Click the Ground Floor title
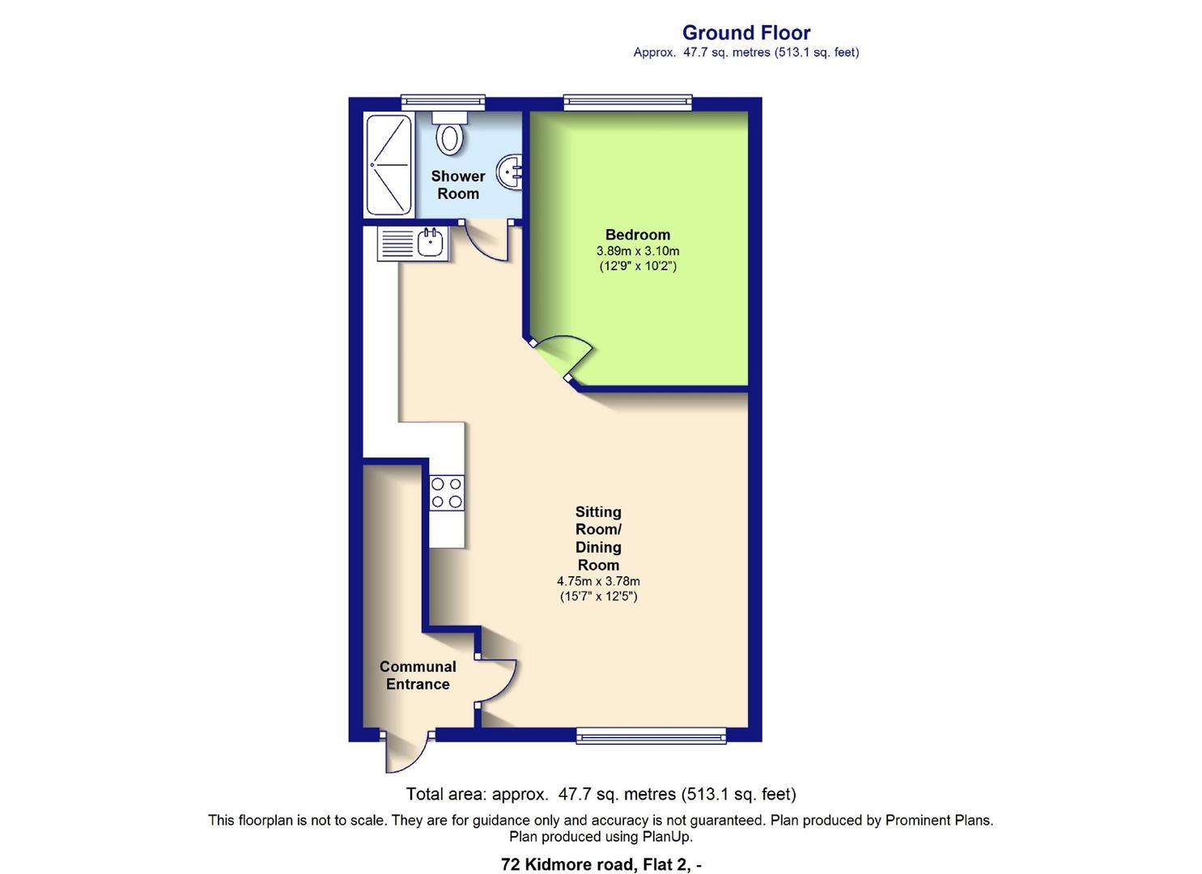(x=745, y=32)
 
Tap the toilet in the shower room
(x=450, y=134)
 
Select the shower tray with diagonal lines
(x=389, y=165)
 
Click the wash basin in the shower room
(x=511, y=171)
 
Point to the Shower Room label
(x=458, y=185)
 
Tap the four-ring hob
(x=447, y=492)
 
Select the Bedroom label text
(x=637, y=235)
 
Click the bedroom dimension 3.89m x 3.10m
(x=637, y=251)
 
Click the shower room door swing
(x=487, y=241)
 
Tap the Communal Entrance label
(x=418, y=675)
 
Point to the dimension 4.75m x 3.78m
(x=598, y=581)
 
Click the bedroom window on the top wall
(x=628, y=102)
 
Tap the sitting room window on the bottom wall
(x=651, y=736)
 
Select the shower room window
(x=444, y=102)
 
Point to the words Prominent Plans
(x=938, y=820)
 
